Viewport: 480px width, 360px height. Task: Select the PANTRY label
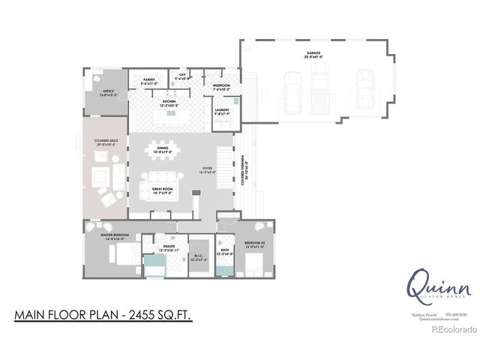point(148,79)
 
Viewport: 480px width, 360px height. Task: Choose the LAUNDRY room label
point(221,112)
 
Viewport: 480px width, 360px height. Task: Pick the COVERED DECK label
point(107,141)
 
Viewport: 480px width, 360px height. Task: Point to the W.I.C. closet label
point(198,256)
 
